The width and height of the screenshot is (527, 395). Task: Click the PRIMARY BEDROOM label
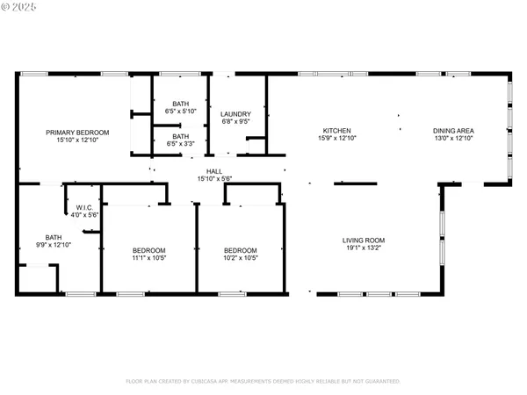click(77, 132)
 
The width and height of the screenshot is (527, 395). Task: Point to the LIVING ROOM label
click(364, 240)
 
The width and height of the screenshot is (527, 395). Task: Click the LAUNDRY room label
click(235, 114)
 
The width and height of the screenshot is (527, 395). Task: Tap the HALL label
click(214, 171)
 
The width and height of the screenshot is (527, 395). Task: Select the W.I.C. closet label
click(84, 207)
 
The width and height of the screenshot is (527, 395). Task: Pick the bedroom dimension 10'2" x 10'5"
click(239, 257)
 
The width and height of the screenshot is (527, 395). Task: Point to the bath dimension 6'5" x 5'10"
click(180, 112)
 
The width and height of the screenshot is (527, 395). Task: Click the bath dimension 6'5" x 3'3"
click(180, 144)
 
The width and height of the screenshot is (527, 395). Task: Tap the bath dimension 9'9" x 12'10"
click(54, 244)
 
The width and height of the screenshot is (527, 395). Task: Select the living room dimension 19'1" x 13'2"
click(364, 248)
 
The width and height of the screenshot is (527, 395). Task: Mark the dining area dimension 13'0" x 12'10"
click(453, 139)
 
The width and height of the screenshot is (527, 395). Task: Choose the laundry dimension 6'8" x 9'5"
click(235, 122)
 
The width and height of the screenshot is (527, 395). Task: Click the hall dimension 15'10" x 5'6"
click(214, 179)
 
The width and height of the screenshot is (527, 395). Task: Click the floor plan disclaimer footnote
click(263, 382)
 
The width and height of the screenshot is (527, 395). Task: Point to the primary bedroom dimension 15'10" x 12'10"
click(77, 140)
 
